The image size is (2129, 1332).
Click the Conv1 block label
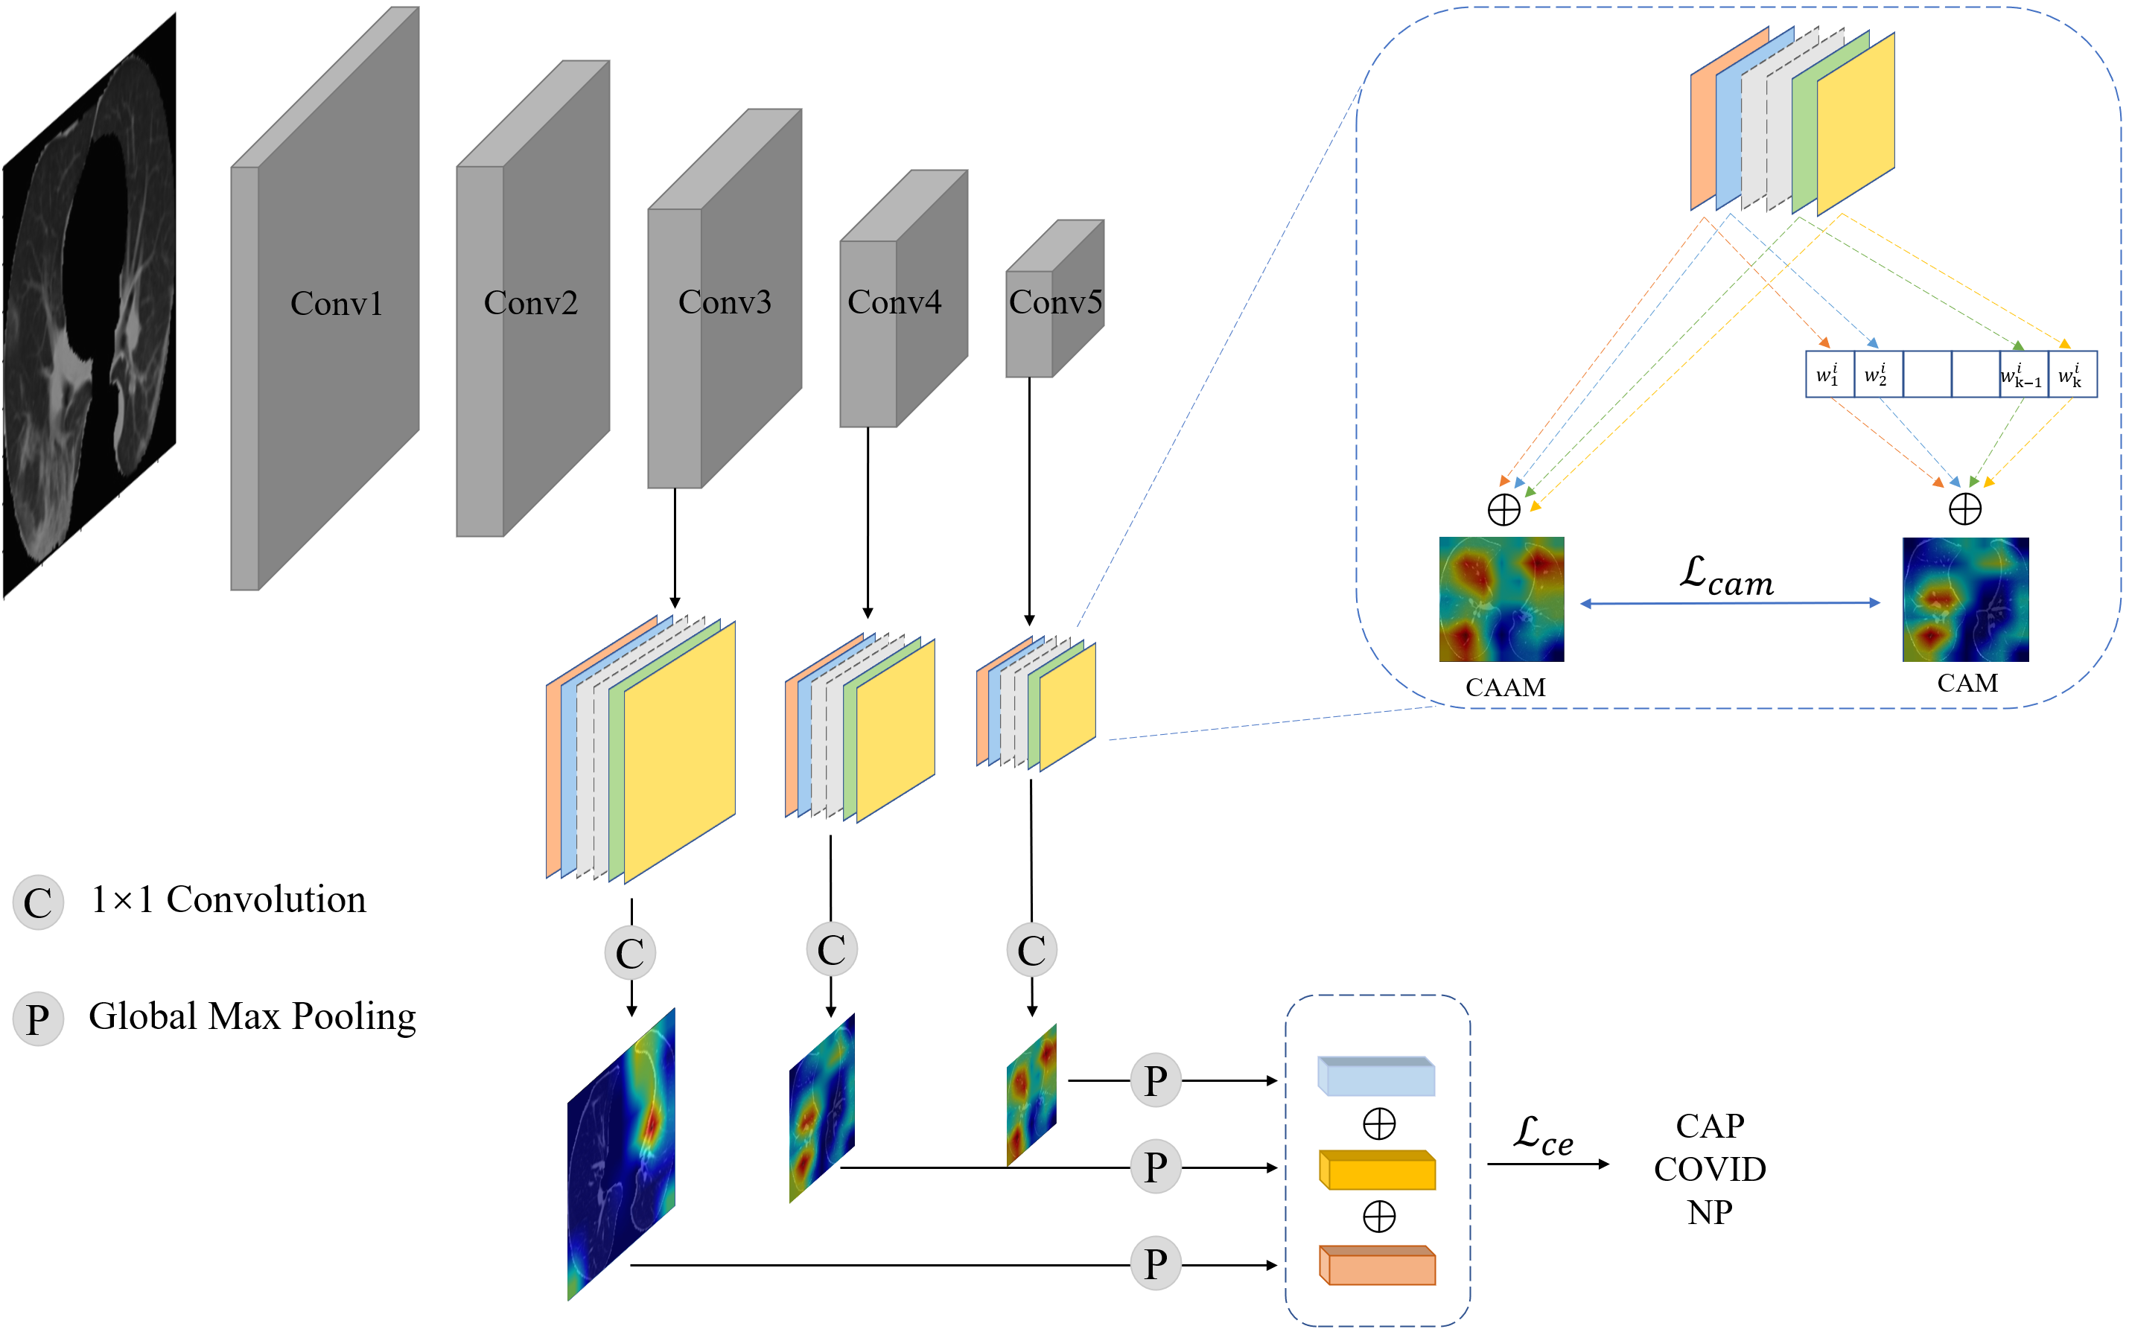click(337, 304)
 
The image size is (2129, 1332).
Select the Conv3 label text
click(724, 302)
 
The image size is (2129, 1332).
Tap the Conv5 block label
click(1054, 302)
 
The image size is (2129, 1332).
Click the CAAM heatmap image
click(1501, 599)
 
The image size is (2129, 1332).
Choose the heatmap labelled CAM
click(1965, 599)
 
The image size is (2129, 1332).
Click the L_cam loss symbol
click(1725, 576)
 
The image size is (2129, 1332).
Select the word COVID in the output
click(1709, 1169)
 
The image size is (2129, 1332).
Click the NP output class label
click(1709, 1213)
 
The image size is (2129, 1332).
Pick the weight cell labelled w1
click(1829, 375)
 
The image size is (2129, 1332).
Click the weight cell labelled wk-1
click(2023, 375)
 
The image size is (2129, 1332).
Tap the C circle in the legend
click(38, 902)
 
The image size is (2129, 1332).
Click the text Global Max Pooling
click(252, 1016)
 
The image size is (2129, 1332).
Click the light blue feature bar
click(1377, 1077)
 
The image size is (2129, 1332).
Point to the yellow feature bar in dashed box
click(1377, 1170)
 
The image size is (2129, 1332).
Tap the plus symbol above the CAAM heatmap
click(1503, 509)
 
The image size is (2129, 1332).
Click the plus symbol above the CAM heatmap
click(1964, 509)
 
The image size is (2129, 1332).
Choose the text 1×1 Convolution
click(228, 899)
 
